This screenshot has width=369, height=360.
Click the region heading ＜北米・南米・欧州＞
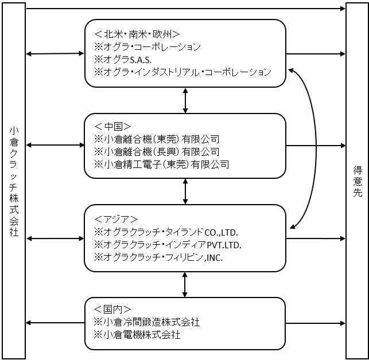coord(137,34)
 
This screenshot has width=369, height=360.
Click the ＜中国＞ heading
coord(112,127)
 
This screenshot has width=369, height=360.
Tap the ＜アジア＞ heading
coord(116,220)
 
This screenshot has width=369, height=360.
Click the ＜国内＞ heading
coord(112,309)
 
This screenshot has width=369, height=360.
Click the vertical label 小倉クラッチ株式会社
coord(14,182)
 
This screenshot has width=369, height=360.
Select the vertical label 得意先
coord(358,181)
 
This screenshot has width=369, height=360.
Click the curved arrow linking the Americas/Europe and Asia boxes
coord(316,148)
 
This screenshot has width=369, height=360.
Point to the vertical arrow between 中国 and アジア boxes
coord(185,191)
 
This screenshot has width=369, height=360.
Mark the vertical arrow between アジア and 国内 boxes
coord(185,285)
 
